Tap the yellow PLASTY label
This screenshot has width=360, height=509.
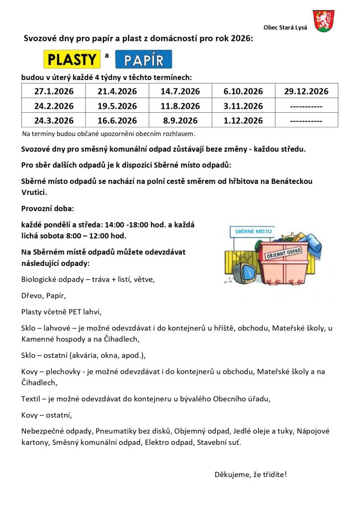pos(72,60)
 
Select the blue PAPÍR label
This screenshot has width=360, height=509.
pos(144,60)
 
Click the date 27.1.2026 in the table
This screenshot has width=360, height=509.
pos(54,91)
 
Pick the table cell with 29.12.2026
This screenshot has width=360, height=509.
pos(306,91)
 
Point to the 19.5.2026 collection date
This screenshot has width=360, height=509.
pos(117,106)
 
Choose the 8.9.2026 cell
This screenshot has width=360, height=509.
pos(180,120)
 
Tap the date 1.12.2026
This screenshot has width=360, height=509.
pos(243,120)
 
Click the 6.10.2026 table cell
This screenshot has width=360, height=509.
pos(243,91)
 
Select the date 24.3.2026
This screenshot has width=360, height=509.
pos(54,120)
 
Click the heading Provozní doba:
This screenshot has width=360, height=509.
pos(47,208)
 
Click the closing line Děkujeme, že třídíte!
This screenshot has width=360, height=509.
pos(251,474)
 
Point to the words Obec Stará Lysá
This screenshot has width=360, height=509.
pos(285,27)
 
